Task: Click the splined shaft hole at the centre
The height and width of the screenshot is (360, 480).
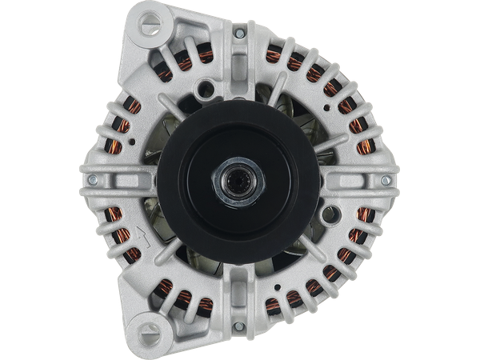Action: coord(240,182)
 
